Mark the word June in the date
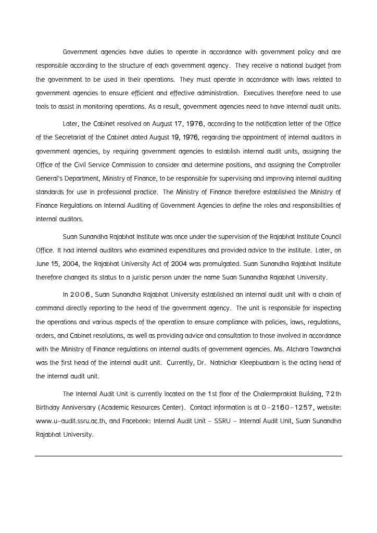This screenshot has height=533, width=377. click(43, 263)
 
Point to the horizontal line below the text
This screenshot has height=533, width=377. click(188, 456)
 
